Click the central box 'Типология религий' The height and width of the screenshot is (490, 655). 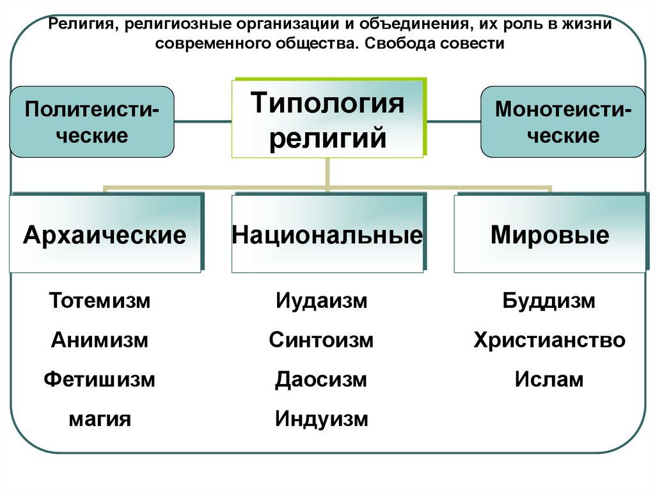pos(327,119)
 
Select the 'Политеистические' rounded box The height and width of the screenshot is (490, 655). pos(91,121)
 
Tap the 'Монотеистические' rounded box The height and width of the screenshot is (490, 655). pos(563,121)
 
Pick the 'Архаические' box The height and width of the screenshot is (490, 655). pos(105,234)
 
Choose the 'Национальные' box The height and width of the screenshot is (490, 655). pos(327,234)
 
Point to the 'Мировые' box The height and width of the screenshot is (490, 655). pos(549,234)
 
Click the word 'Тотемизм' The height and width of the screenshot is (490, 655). pos(100,300)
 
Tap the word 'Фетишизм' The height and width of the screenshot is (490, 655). pos(100,379)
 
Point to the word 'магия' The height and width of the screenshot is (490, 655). pos(100,419)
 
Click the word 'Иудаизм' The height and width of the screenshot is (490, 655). pos(322,300)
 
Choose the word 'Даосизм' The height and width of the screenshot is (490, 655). pos(321,379)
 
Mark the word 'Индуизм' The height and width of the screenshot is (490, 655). pos(322,419)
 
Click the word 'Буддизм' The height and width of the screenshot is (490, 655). pos(549,300)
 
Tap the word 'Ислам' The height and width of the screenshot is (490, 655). pos(549,379)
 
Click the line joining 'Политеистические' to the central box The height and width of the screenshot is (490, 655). pos(203,119)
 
